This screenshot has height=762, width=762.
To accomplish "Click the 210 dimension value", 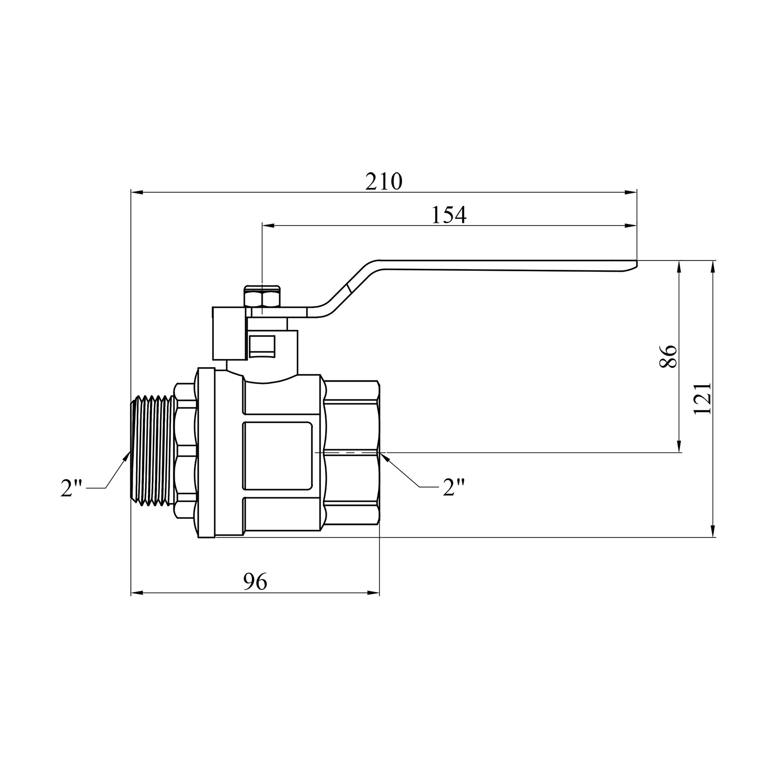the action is click(384, 181).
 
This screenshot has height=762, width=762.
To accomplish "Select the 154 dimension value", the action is click(449, 215).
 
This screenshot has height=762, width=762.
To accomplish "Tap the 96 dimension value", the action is click(255, 582).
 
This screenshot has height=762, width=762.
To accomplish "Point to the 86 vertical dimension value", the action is click(669, 357).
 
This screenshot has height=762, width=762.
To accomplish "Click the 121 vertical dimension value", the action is click(703, 398).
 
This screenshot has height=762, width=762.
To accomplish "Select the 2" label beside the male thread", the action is click(72, 488).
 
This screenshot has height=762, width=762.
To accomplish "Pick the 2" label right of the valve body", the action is click(454, 487).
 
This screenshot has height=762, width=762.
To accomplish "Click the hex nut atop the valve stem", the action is click(262, 297).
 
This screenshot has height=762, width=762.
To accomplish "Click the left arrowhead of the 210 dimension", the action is click(137, 193).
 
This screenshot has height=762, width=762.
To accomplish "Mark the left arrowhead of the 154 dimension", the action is click(268, 226).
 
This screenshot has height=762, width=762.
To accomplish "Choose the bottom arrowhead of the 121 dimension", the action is click(713, 531).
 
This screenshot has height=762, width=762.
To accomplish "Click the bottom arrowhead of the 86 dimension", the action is click(679, 446).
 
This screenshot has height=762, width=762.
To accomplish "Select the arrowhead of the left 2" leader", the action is click(125, 455).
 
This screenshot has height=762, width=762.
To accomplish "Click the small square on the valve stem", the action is click(263, 345).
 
